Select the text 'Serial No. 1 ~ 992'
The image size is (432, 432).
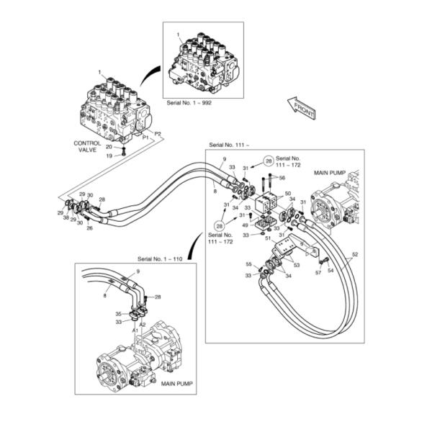189,103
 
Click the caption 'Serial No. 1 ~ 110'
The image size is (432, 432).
165,258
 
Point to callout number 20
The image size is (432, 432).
109,147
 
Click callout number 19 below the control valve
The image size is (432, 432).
109,156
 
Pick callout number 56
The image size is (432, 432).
282,178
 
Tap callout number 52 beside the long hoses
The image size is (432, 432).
354,254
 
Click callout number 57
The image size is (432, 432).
318,274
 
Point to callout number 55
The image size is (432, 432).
248,264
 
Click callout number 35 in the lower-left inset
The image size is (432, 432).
119,314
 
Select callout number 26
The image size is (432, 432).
90,228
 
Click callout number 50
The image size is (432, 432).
288,194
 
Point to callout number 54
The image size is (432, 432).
331,270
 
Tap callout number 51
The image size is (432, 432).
268,238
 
